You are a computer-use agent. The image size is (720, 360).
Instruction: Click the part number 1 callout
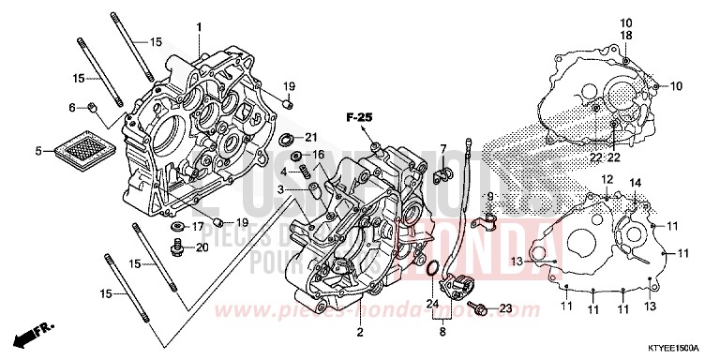(198, 28)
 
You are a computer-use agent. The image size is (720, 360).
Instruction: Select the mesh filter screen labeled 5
(82, 149)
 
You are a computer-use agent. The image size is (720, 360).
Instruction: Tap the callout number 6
(71, 108)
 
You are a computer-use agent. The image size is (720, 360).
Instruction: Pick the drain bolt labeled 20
(176, 247)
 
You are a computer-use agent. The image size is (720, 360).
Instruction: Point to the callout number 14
(636, 182)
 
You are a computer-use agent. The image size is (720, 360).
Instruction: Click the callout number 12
(607, 179)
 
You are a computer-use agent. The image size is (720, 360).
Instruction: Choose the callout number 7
(442, 149)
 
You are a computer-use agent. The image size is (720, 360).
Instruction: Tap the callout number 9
(488, 196)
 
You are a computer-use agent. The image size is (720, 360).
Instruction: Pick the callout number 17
(198, 227)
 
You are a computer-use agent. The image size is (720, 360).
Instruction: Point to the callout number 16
(318, 154)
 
